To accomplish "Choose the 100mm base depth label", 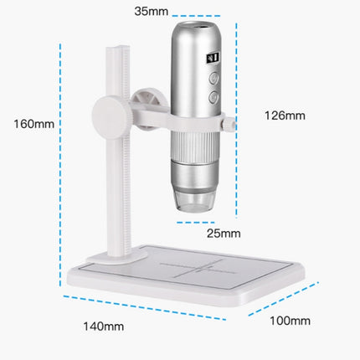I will click(290, 321).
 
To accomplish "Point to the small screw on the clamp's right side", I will click(229, 123).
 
